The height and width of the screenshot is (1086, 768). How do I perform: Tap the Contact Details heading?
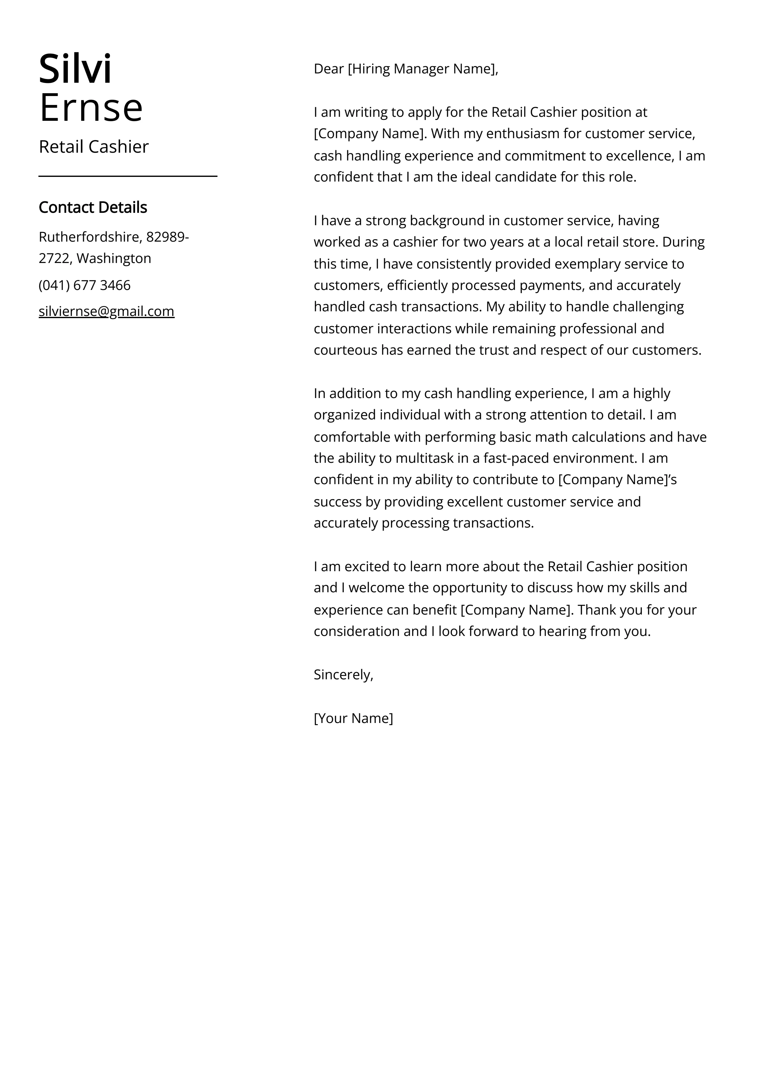point(93,207)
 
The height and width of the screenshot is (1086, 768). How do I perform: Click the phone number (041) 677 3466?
point(85,285)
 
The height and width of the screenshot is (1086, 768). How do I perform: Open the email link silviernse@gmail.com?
point(107,311)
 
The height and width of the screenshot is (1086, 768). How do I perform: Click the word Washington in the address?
point(114,258)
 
